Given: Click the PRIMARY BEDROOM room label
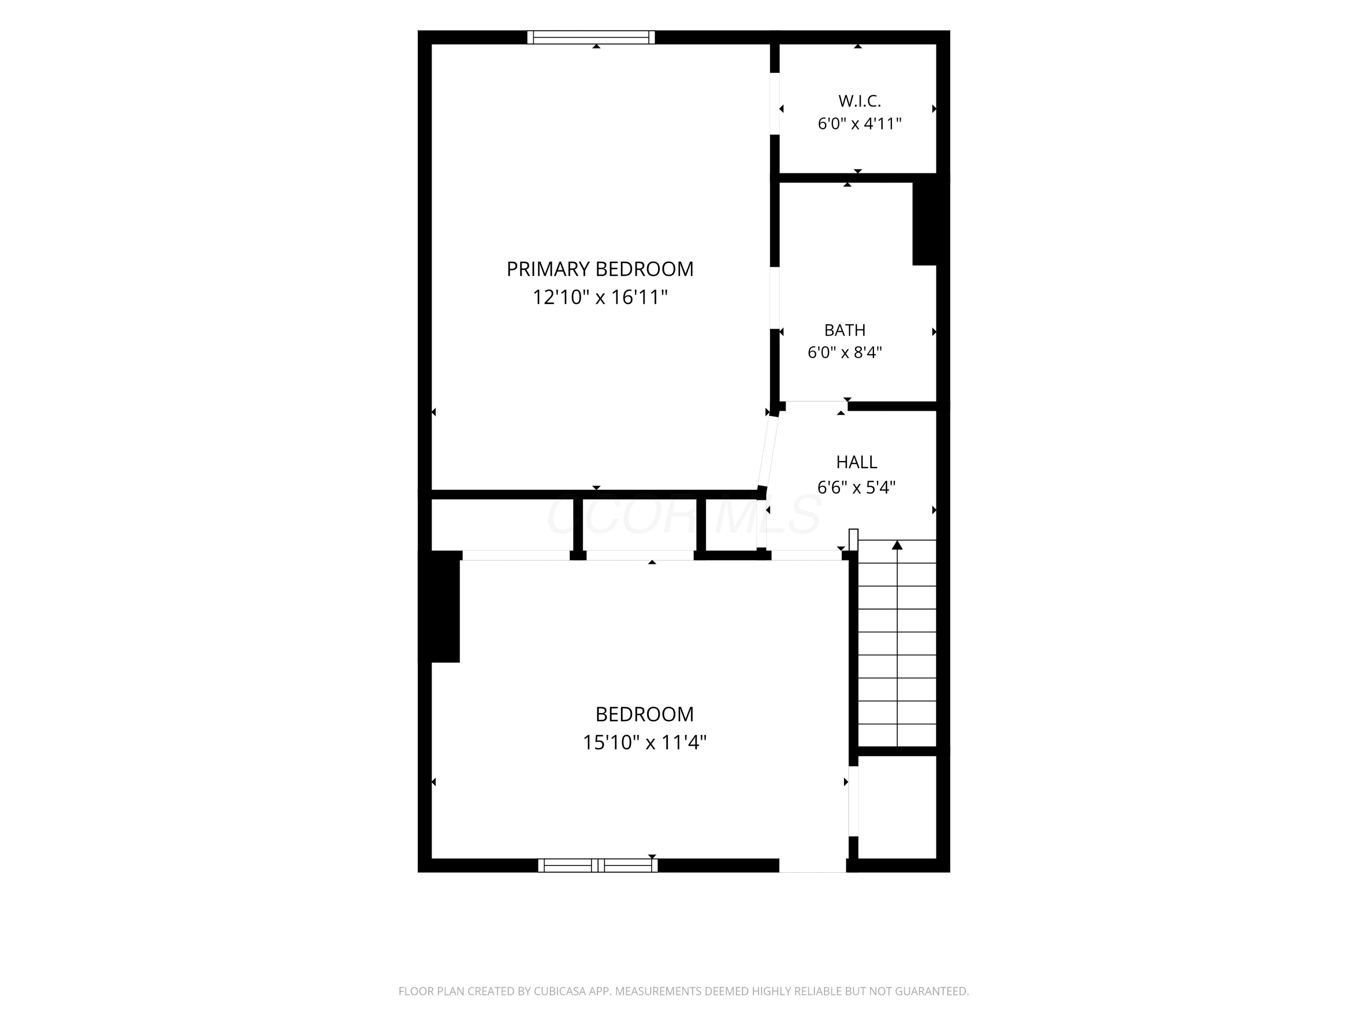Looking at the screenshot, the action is pos(600,269).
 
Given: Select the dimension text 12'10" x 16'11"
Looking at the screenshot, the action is pos(600,297).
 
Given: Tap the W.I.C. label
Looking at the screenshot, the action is pos(860,101).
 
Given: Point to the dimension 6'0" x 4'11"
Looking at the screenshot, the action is pos(860,124).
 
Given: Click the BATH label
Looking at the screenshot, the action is pos(845,330).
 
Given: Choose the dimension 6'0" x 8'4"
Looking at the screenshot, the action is pos(845,352).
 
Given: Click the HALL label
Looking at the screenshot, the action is pos(856,462).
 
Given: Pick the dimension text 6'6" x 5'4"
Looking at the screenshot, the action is pos(856,487).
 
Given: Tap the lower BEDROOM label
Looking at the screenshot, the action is pos(644,714).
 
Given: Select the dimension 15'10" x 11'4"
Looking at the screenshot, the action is pos(644,742).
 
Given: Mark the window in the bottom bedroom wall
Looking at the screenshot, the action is pos(597,865).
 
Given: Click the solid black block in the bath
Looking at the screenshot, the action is pos(925,224).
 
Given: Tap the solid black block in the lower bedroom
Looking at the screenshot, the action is pos(445,606).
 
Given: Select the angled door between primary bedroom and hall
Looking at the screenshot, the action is pos(767,451).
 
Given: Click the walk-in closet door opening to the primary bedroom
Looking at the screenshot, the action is pos(774,104).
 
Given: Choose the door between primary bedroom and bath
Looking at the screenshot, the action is pos(774,298).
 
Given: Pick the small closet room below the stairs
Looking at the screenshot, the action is pos(897,807).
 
